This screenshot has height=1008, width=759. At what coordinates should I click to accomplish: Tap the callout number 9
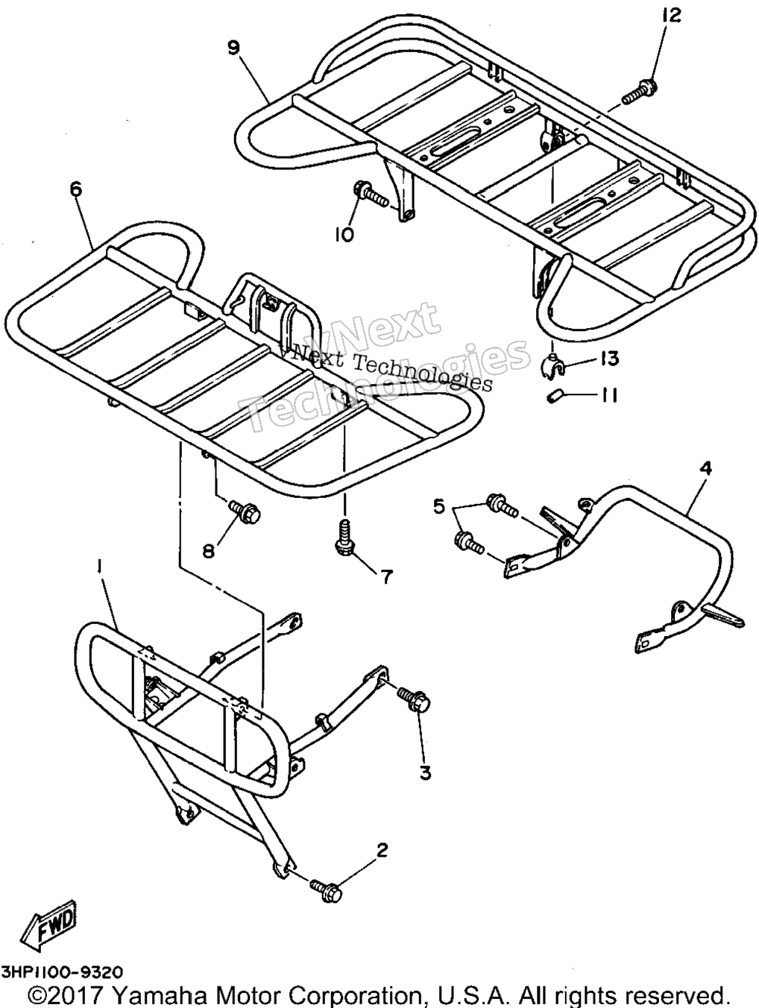[x=235, y=48]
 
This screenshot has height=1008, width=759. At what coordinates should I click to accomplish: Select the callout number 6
[x=77, y=189]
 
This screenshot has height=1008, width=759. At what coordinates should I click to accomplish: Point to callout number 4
[x=706, y=468]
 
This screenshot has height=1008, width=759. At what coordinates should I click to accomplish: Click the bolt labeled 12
[x=640, y=90]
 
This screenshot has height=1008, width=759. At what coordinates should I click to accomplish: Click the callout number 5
[x=439, y=508]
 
